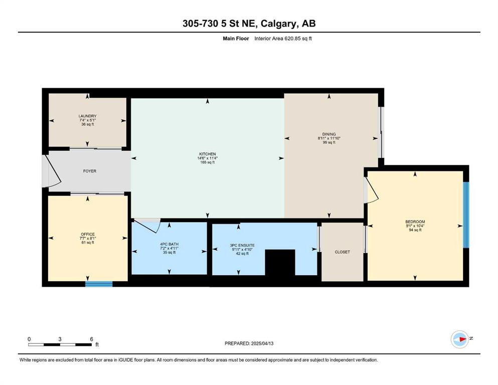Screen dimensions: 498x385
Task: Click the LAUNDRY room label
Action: point(88,116)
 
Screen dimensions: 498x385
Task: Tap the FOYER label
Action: point(90,171)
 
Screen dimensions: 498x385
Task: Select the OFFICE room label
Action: point(88,234)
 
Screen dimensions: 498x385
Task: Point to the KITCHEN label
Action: point(208,154)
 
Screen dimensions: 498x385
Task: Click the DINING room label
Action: point(329,134)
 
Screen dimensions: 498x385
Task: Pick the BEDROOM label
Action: point(415,222)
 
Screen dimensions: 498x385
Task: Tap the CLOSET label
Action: point(343,252)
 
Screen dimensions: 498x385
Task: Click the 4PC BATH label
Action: point(170,245)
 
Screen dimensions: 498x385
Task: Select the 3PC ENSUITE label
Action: point(242,245)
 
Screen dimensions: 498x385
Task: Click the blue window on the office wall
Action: point(99,284)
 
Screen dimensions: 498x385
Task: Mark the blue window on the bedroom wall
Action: point(466,215)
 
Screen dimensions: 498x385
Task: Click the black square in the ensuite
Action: point(280,263)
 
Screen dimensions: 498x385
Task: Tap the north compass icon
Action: point(460,339)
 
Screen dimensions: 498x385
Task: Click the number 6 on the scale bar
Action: point(91,339)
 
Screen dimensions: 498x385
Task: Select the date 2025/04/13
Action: point(262,343)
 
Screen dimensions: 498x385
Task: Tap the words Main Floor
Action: point(236,39)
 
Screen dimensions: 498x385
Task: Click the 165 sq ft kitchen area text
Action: point(208,162)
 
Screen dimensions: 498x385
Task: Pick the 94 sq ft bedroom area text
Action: point(415,230)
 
